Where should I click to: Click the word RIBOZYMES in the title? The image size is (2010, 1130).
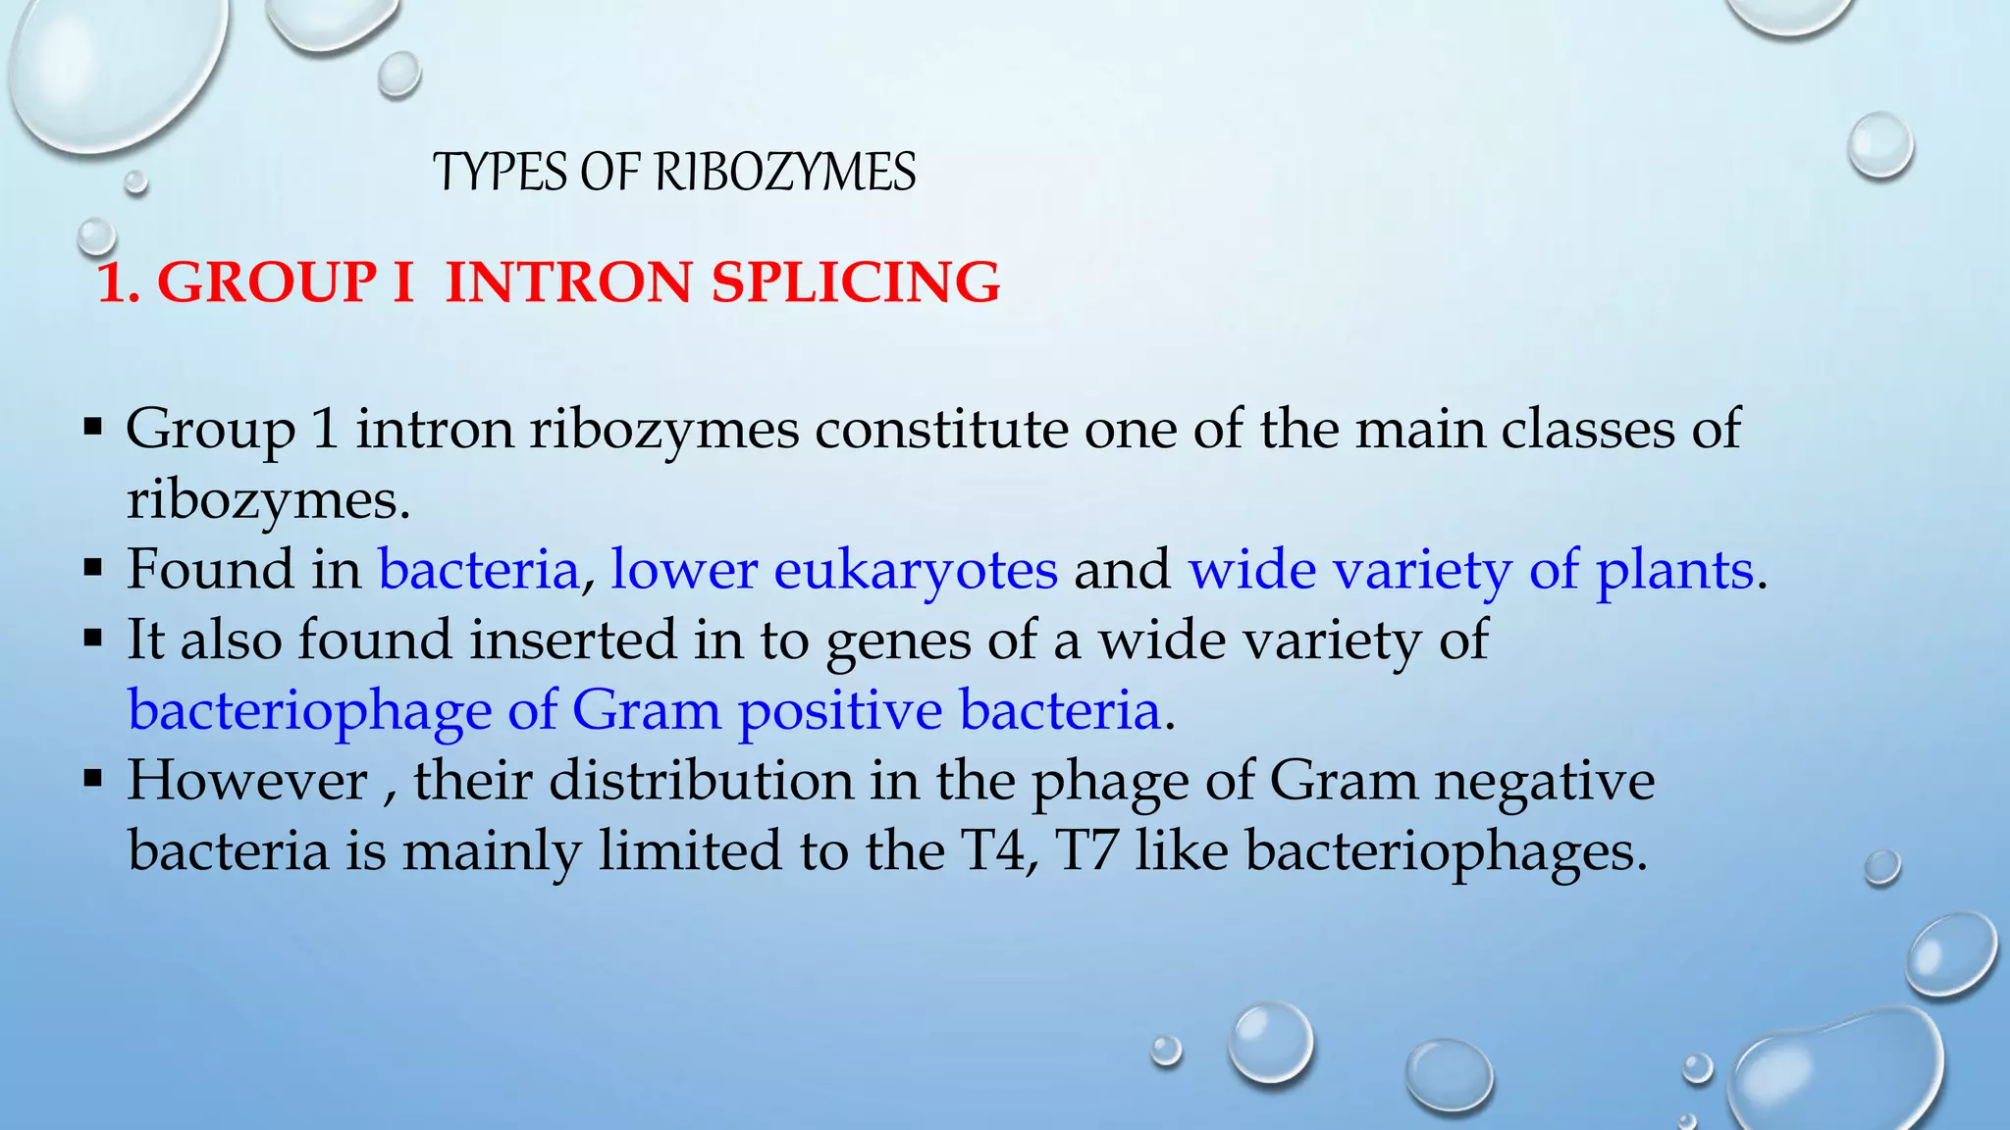pos(785,173)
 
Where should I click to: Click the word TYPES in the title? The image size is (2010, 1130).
pos(502,173)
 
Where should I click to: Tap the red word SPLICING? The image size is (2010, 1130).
pos(856,282)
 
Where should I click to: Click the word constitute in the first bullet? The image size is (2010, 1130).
pos(941,430)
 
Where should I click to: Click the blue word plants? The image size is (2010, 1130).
pos(1674,570)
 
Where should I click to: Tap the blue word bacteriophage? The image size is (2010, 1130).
pos(309,711)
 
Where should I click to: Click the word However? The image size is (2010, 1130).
pos(246,781)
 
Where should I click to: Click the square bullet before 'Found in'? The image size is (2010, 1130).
pos(94,568)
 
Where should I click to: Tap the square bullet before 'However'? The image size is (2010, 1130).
pos(94,780)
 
